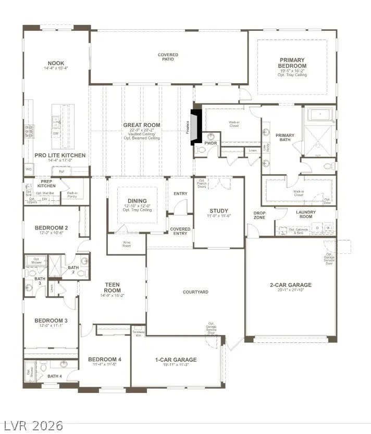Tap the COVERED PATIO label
[168, 57]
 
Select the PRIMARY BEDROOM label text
[292, 63]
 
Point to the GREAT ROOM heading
[142, 125]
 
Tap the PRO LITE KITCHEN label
[60, 156]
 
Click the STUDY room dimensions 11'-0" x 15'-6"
[219, 216]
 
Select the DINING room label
[137, 201]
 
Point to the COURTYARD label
[195, 292]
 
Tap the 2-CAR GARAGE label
[290, 285]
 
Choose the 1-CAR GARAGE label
[176, 360]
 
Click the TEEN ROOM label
[113, 287]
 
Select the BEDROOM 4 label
[104, 360]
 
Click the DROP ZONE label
[259, 215]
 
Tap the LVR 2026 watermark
[32, 425]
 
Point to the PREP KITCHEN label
[47, 184]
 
